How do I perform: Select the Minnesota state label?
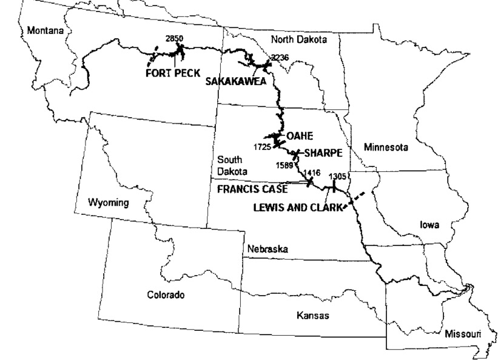(x=386, y=147)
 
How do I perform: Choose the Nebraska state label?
(x=267, y=249)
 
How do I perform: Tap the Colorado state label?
(x=166, y=295)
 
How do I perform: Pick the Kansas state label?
(x=312, y=315)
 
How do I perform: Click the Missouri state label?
(x=462, y=334)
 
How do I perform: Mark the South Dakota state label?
(x=230, y=165)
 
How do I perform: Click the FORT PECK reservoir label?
(x=172, y=72)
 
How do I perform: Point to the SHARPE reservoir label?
(x=320, y=154)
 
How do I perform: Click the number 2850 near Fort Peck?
(x=175, y=39)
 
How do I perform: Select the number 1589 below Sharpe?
(x=284, y=165)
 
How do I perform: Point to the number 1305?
(x=337, y=176)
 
